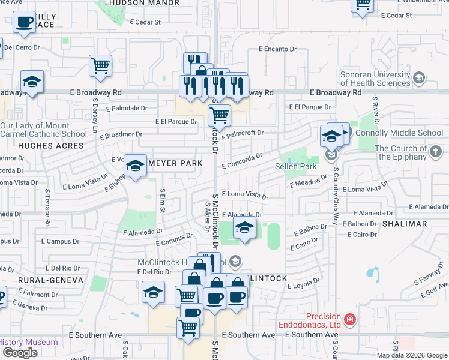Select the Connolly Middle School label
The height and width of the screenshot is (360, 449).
click(x=408, y=133)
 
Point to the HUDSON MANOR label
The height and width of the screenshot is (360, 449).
click(x=145, y=3)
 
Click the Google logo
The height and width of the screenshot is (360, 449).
click(x=20, y=353)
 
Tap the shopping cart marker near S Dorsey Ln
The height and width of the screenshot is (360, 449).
click(x=101, y=65)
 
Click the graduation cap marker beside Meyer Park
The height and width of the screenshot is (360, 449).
click(x=136, y=166)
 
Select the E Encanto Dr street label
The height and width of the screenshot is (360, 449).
click(x=278, y=49)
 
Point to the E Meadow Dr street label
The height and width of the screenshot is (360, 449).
click(x=308, y=181)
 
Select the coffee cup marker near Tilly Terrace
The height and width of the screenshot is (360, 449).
click(x=25, y=23)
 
